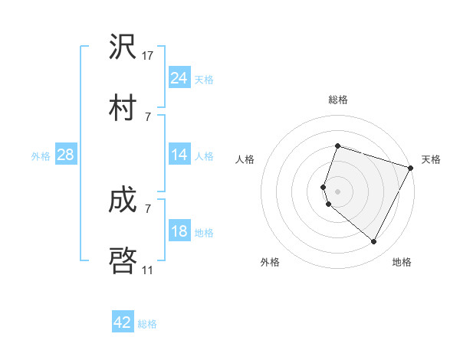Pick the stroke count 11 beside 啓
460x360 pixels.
[x=148, y=270]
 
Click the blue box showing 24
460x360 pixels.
[x=179, y=78]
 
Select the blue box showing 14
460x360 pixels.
[x=179, y=155]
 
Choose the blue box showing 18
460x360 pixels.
[x=179, y=231]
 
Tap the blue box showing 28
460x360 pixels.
[x=66, y=155]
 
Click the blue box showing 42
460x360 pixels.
[x=123, y=322]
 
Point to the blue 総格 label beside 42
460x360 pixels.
[x=147, y=324]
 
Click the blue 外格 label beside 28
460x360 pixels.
[x=41, y=156]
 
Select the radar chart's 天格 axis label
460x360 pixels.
[x=431, y=159]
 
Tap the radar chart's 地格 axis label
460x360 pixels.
[x=402, y=262]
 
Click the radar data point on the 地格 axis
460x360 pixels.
[x=374, y=242]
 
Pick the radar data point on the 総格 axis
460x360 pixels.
[x=337, y=146]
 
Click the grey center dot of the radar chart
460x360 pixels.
[x=337, y=191]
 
